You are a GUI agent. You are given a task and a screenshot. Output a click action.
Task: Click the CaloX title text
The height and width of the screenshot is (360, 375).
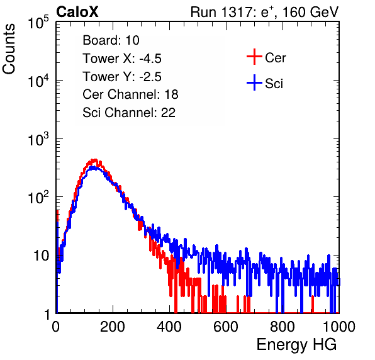pos(77,12)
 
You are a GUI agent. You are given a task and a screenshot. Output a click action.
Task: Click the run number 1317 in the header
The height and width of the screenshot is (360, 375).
pos(236,12)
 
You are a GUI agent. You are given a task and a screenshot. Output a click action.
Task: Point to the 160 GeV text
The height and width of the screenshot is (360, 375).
pos(310,12)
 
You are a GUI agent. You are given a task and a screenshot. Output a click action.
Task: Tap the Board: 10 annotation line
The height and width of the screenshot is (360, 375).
pos(111,40)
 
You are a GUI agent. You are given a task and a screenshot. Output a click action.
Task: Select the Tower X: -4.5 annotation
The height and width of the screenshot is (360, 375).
pos(122,59)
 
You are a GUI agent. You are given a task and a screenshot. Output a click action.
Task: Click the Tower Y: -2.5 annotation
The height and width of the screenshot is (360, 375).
pos(122,77)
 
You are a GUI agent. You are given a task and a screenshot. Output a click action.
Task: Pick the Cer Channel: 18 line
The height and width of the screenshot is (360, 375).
pos(130,94)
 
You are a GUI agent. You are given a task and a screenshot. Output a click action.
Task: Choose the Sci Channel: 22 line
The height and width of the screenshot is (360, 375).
pos(129,113)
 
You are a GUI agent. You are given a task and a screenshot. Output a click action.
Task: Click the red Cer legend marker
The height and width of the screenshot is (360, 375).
pos(254,57)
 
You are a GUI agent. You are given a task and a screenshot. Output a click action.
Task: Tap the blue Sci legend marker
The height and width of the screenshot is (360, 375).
pos(254,82)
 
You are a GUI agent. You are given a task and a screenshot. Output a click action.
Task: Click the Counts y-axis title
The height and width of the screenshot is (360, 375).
pos(9,49)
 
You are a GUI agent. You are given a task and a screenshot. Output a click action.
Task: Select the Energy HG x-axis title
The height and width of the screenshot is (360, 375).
pos(296,345)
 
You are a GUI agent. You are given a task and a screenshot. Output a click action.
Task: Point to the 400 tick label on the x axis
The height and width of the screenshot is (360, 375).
pos(169,327)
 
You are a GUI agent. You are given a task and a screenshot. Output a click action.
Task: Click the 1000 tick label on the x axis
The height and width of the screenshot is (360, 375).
pos(339,327)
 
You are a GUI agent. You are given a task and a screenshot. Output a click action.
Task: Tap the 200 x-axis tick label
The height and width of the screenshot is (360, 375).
pos(113,327)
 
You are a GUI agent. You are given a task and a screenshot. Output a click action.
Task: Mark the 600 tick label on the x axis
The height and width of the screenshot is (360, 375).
pos(226,327)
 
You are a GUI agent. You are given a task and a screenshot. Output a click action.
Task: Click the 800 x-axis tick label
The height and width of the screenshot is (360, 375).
pos(283,327)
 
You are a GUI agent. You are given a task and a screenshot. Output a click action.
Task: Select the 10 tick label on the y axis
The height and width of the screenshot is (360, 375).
pos(41,256)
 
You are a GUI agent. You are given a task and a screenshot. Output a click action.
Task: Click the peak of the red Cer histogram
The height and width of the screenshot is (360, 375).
pos(95,160)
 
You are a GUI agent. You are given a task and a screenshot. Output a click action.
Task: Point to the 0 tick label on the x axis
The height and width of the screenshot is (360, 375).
pos(56,327)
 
